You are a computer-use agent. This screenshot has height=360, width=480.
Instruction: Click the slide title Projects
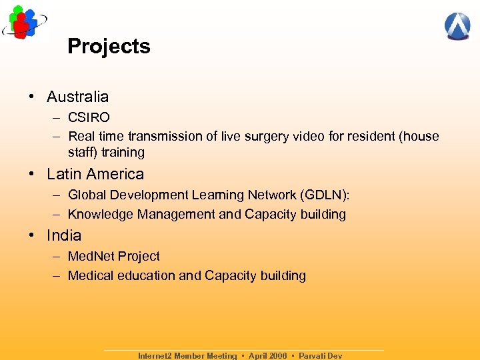click(x=109, y=46)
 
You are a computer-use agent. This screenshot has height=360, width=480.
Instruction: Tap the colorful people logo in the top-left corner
click(x=23, y=22)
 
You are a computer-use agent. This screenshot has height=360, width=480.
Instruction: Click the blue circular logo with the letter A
click(x=457, y=26)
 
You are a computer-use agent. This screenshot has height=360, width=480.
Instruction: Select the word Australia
click(x=77, y=97)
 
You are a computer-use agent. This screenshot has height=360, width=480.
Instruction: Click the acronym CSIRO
click(x=89, y=117)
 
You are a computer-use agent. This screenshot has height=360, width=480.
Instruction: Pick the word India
click(x=64, y=235)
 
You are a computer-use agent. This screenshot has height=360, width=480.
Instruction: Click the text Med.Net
click(x=91, y=256)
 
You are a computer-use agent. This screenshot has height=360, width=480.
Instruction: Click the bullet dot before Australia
click(x=32, y=97)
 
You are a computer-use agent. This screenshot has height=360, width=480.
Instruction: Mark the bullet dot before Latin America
click(x=32, y=175)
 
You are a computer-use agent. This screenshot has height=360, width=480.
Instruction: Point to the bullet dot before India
click(x=32, y=236)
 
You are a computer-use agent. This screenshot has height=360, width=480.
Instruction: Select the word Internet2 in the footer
click(x=154, y=356)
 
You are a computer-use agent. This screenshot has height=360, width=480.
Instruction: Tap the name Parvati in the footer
click(x=312, y=356)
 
